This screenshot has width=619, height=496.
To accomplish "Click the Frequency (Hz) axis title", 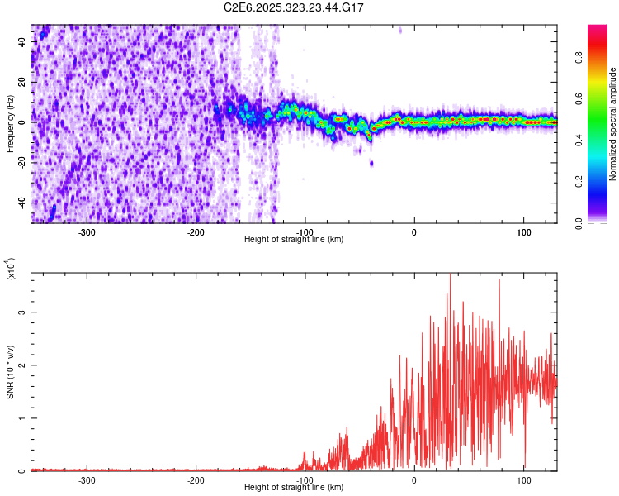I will coord(10,124).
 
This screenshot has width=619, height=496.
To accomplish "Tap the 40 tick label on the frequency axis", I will coord(21,42).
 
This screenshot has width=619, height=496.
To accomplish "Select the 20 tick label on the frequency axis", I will coord(21,83).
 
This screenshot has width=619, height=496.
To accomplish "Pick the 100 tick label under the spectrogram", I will coord(523,232).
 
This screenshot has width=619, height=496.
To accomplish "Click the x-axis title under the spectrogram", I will coord(295,240).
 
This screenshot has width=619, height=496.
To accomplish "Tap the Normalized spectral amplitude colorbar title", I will coord(612,124).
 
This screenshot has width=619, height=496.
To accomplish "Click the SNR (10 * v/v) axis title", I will coord(10,372).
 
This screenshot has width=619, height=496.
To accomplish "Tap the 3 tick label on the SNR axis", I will coord(23,312).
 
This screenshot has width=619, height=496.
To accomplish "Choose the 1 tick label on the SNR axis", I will coord(23,418).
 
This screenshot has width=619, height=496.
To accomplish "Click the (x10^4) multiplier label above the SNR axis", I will coord(10,269).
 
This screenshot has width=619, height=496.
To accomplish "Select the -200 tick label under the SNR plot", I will coord(196,480).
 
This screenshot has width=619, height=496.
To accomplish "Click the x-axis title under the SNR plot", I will coord(295,488).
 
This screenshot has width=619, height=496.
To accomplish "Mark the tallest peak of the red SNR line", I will coord(450,276).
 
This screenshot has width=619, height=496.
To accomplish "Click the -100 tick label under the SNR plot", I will coord(305,480).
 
